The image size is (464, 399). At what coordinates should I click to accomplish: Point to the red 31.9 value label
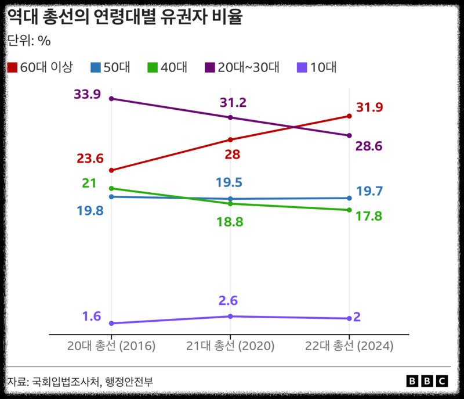pyautogui.click(x=369, y=107)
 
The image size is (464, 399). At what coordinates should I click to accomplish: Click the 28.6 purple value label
pyautogui.click(x=369, y=146)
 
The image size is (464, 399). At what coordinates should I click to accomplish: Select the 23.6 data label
pyautogui.click(x=90, y=159)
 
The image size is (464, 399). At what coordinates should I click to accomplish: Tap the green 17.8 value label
pyautogui.click(x=369, y=216)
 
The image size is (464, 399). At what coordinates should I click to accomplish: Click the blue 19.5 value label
pyautogui.click(x=229, y=182)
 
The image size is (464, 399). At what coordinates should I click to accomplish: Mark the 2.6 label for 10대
pyautogui.click(x=229, y=301)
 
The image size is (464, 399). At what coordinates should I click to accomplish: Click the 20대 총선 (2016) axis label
pyautogui.click(x=111, y=346)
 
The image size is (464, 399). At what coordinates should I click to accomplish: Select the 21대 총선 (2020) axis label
pyautogui.click(x=230, y=346)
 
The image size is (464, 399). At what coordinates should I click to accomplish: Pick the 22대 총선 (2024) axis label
pyautogui.click(x=350, y=346)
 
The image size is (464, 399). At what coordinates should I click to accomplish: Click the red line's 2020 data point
pyautogui.click(x=230, y=139)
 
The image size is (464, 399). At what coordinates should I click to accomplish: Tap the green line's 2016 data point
pyautogui.click(x=111, y=188)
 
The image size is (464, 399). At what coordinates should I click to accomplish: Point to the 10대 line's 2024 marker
pyautogui.click(x=349, y=318)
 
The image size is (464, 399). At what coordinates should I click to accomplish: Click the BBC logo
pyautogui.click(x=427, y=381)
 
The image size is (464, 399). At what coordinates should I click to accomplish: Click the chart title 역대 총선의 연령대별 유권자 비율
pyautogui.click(x=124, y=18)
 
